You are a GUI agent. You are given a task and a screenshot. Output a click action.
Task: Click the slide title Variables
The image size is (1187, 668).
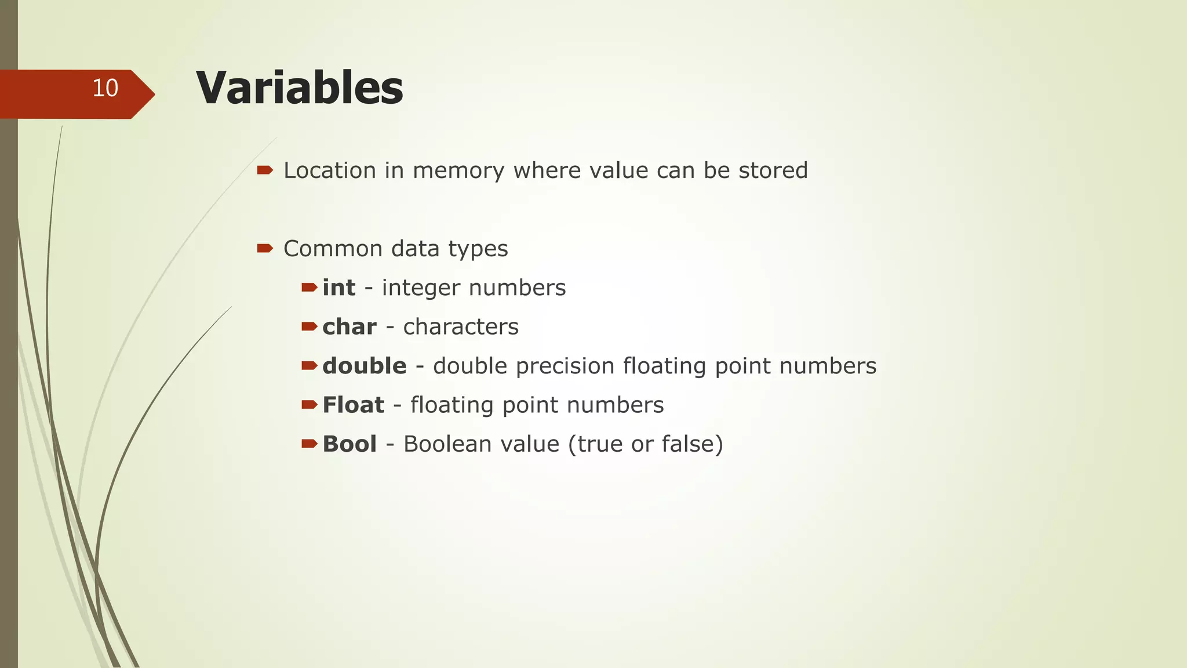299,88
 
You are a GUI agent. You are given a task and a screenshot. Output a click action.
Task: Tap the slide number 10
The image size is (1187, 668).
105,88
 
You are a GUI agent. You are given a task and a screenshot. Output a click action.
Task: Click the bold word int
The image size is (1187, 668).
338,288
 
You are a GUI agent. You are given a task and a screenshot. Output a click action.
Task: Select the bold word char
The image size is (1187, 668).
349,327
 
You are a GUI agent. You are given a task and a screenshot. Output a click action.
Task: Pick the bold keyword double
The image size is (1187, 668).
364,366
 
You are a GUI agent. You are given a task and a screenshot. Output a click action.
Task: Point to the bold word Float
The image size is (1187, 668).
353,405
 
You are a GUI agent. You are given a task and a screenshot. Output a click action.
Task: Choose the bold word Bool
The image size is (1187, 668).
349,444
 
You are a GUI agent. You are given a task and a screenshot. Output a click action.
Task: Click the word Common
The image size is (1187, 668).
333,249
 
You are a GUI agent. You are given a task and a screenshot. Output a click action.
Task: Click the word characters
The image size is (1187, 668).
461,327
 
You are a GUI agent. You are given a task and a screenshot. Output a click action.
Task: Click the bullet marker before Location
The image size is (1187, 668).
265,170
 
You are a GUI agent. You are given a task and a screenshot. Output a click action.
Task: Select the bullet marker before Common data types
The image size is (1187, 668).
265,248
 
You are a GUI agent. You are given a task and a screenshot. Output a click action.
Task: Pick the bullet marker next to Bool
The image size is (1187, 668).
309,444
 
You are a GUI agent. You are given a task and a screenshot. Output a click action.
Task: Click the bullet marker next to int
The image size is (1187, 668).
309,287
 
